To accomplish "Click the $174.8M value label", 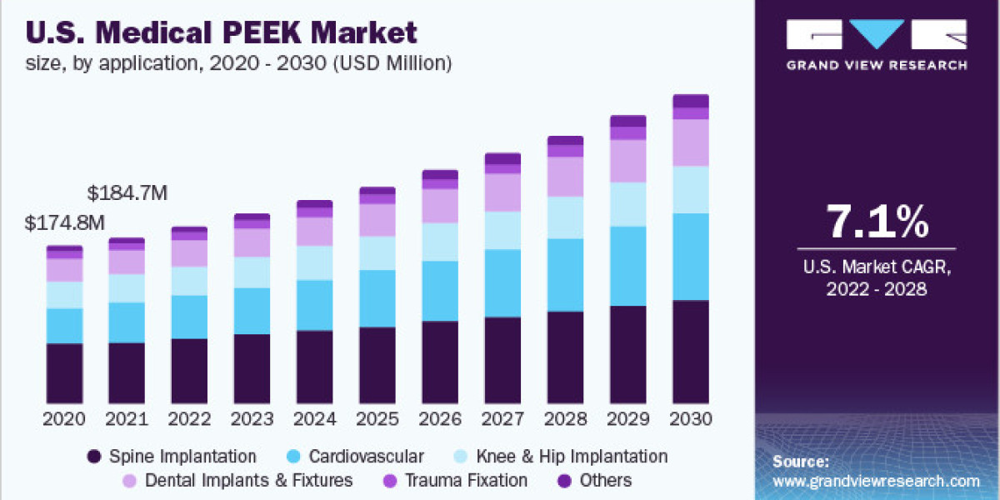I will [x=65, y=223].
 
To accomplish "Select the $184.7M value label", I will [x=127, y=193].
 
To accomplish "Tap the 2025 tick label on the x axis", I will [x=377, y=418].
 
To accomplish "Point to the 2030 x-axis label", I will [x=690, y=418].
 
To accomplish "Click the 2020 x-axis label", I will [x=65, y=418].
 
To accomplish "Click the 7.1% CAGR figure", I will [x=876, y=222].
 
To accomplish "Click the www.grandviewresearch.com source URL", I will [x=876, y=481].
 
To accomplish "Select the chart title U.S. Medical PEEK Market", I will [x=222, y=33].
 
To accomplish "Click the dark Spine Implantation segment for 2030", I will [x=690, y=352].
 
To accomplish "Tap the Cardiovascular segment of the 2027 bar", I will [x=502, y=283].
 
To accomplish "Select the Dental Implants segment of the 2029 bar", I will [x=627, y=161].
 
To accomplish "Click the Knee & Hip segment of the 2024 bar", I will [x=315, y=262].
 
